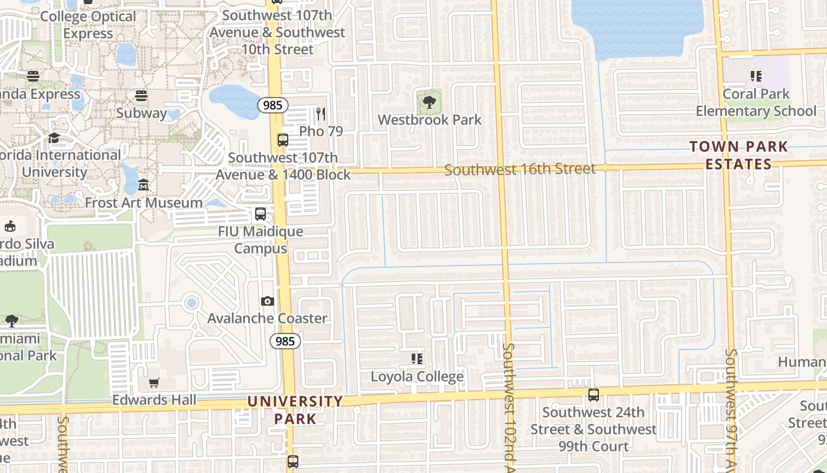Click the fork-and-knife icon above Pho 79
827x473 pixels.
321,114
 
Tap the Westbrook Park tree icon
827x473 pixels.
429,103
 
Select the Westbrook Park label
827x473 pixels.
429,120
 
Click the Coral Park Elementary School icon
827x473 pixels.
756,76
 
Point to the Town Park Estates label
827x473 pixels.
738,155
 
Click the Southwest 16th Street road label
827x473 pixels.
520,170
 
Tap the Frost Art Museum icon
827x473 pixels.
144,186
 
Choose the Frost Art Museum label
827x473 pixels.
144,203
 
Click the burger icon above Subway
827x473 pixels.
141,95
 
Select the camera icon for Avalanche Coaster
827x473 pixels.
268,302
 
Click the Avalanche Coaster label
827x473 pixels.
267,319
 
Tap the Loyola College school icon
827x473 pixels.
417,359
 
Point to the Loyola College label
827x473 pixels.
417,377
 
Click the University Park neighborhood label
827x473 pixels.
295,410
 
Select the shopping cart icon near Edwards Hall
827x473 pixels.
154,383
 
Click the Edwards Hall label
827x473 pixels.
154,400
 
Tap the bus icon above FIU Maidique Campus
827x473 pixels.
261,214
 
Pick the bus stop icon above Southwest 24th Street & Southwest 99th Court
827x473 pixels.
594,395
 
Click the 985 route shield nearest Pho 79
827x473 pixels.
272,105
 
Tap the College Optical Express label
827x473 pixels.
89,25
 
